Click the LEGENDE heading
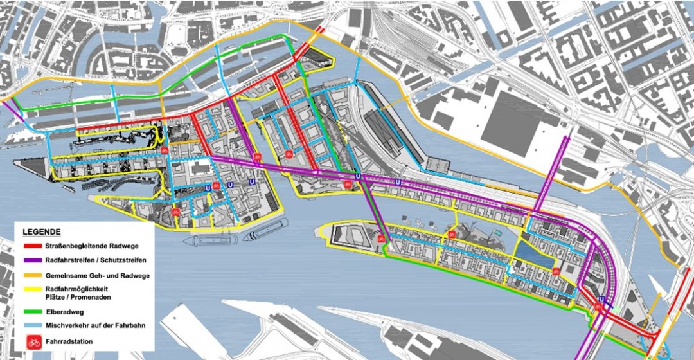[x=42, y=231]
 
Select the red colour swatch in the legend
[x=33, y=246]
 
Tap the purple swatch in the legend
[x=33, y=260]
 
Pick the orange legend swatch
[x=33, y=275]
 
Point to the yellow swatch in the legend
[x=33, y=290]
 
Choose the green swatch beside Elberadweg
[x=33, y=311]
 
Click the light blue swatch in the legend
[x=33, y=326]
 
